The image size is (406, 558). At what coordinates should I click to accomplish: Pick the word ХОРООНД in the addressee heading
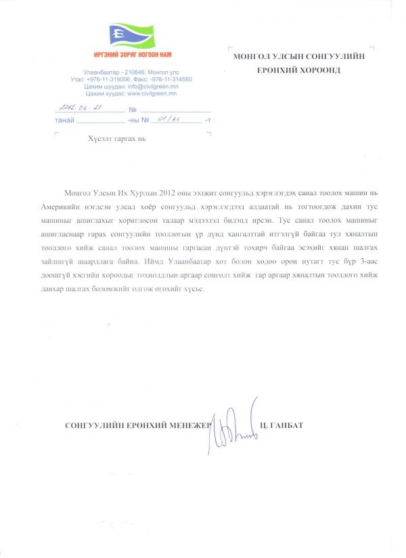pos(317,70)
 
